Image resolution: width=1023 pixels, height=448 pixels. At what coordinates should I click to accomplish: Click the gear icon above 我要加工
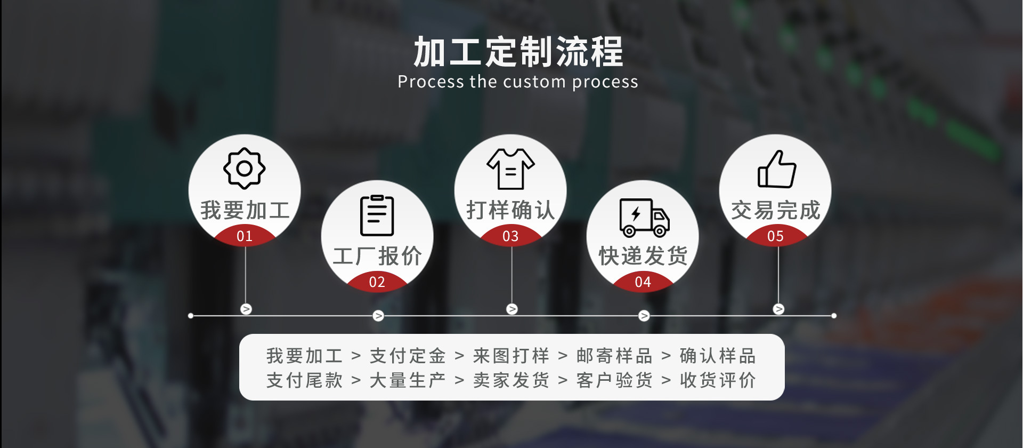coord(245,169)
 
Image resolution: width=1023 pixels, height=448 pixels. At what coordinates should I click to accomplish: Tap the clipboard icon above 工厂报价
coord(377,215)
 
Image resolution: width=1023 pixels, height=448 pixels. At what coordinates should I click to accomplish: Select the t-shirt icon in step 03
coord(510,169)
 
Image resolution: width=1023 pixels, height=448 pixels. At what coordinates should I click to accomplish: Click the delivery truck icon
coord(644,217)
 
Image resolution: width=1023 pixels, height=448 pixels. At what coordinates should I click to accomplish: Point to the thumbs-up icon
coord(777,169)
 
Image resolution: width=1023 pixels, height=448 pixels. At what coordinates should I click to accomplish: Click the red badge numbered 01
coord(245,236)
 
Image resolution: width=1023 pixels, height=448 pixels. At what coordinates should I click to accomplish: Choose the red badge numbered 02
coord(377,282)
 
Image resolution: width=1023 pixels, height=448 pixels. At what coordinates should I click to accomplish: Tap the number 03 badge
coord(510,236)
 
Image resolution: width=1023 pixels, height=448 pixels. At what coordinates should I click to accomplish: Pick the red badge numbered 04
coord(643,282)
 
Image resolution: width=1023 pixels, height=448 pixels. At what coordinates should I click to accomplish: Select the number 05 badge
coord(775,236)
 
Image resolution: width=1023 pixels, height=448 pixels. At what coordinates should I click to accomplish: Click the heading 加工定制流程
coord(518,52)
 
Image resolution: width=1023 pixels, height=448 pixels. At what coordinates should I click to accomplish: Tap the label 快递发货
coord(643,256)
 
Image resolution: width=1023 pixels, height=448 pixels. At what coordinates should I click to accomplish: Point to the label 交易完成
coord(775,210)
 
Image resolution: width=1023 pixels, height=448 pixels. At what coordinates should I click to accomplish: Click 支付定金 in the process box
coord(408,356)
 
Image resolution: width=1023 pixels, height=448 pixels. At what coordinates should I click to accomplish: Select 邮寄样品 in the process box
coord(614,356)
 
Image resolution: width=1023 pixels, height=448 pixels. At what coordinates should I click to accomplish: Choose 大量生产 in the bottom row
coord(408,380)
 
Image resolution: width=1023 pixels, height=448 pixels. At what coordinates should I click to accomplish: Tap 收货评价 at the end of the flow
coord(718,380)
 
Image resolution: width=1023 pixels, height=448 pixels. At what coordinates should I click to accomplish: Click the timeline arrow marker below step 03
coord(512,309)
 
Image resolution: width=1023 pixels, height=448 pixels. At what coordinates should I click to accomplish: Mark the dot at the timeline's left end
coord(191,316)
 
